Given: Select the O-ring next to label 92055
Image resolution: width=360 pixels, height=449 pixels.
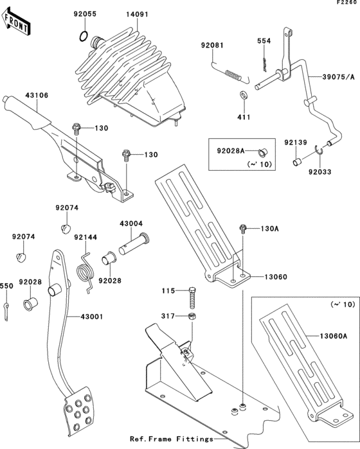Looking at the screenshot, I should pyautogui.click(x=83, y=35).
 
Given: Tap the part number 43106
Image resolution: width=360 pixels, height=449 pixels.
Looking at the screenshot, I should pyautogui.click(x=37, y=96).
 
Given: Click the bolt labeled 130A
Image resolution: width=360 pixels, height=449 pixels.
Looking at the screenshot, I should pyautogui.click(x=243, y=229).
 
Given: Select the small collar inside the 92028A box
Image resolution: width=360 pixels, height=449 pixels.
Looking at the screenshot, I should pyautogui.click(x=262, y=152).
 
